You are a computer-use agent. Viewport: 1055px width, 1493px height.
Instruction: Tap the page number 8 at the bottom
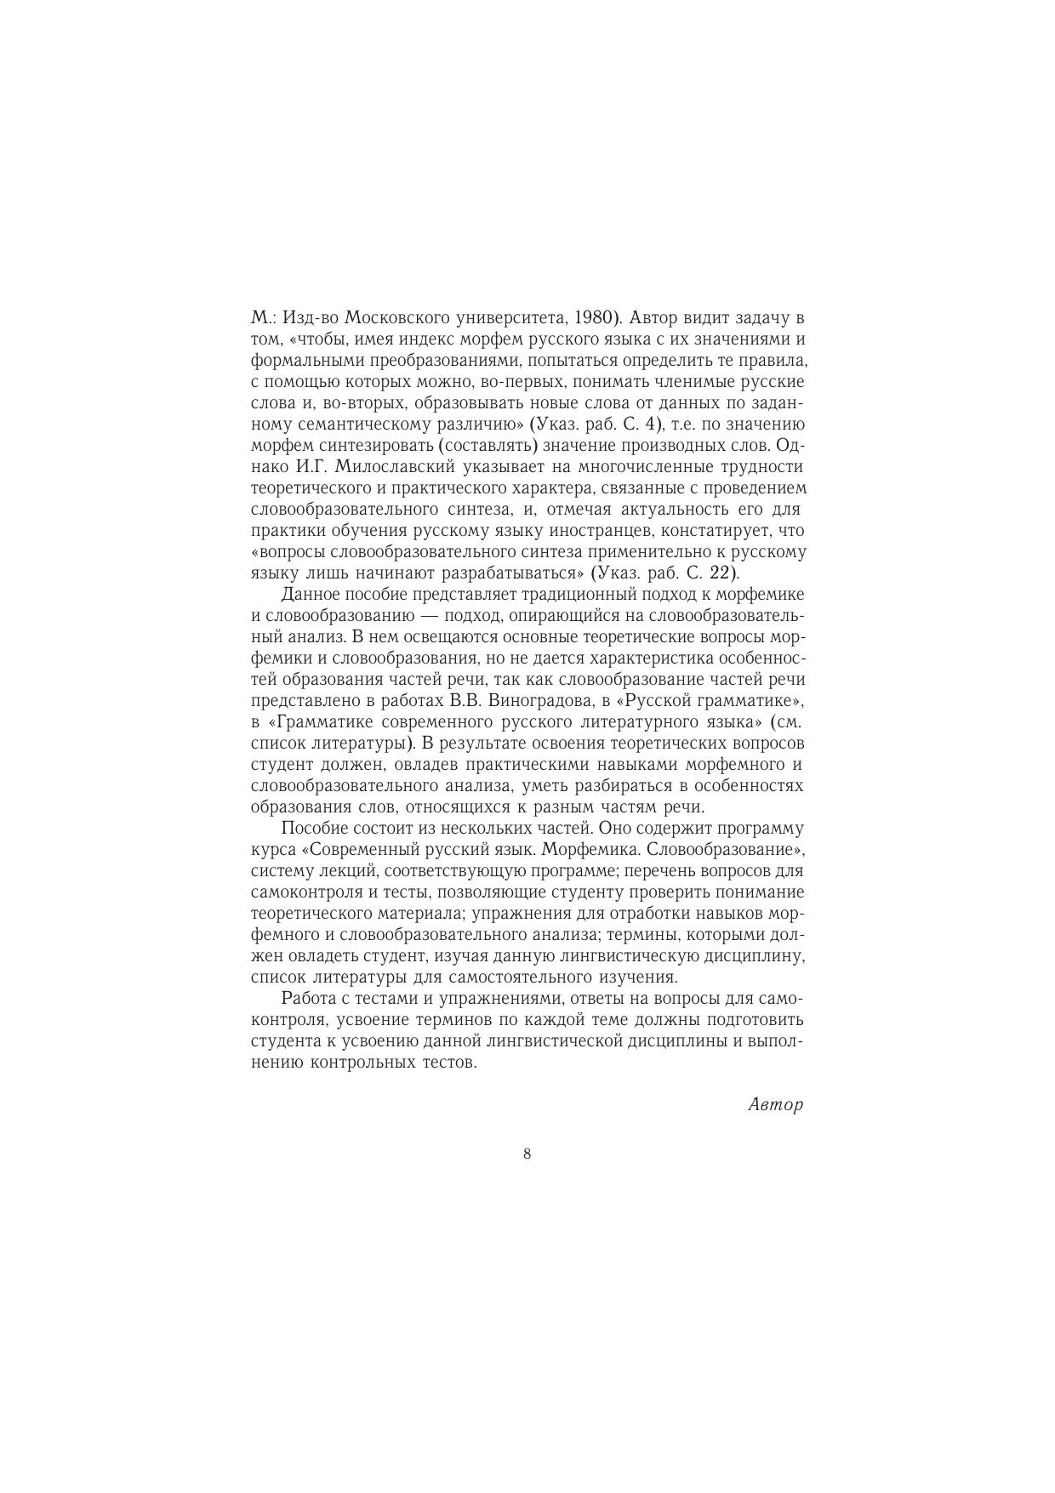[x=527, y=1154]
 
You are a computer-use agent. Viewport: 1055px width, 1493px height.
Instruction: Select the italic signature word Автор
[x=775, y=1105]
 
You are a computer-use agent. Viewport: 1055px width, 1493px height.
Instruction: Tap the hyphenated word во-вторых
[x=357, y=403]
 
